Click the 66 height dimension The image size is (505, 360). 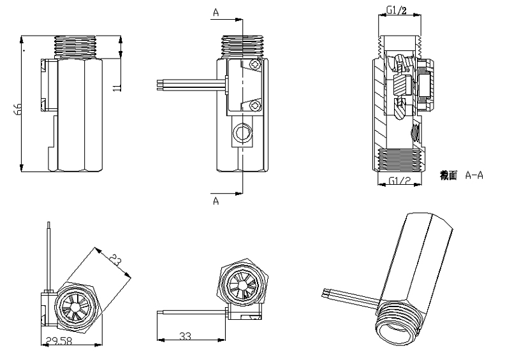(18, 110)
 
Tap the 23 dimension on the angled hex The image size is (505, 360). (115, 260)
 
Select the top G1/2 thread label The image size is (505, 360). (397, 10)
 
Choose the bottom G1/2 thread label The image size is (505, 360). (399, 182)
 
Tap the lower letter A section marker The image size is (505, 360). (216, 201)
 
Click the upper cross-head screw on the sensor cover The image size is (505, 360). (256, 64)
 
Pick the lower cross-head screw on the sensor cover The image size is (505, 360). (255, 105)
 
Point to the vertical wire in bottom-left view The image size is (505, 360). (48, 255)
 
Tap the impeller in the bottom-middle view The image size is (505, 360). (244, 285)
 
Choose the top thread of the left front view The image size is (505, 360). (76, 46)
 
